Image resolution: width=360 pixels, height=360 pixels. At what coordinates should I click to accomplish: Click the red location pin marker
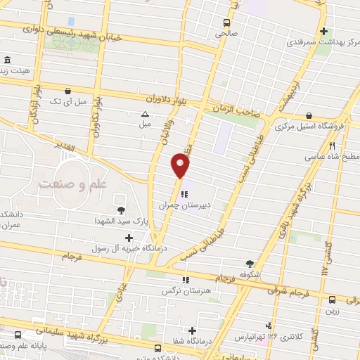pyautogui.click(x=181, y=167)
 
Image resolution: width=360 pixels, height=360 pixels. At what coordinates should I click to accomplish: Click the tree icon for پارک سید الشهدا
pyautogui.click(x=122, y=210)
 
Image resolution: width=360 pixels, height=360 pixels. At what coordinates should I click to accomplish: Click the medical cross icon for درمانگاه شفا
pyautogui.click(x=192, y=330)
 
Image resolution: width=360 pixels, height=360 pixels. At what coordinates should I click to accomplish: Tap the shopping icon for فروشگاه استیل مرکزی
pyautogui.click(x=309, y=116)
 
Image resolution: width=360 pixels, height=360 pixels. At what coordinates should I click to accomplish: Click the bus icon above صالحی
pyautogui.click(x=226, y=22)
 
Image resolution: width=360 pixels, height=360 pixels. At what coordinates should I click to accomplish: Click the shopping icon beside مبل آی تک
pyautogui.click(x=67, y=91)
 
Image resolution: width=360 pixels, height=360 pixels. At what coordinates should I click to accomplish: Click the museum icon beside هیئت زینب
pyautogui.click(x=7, y=60)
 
